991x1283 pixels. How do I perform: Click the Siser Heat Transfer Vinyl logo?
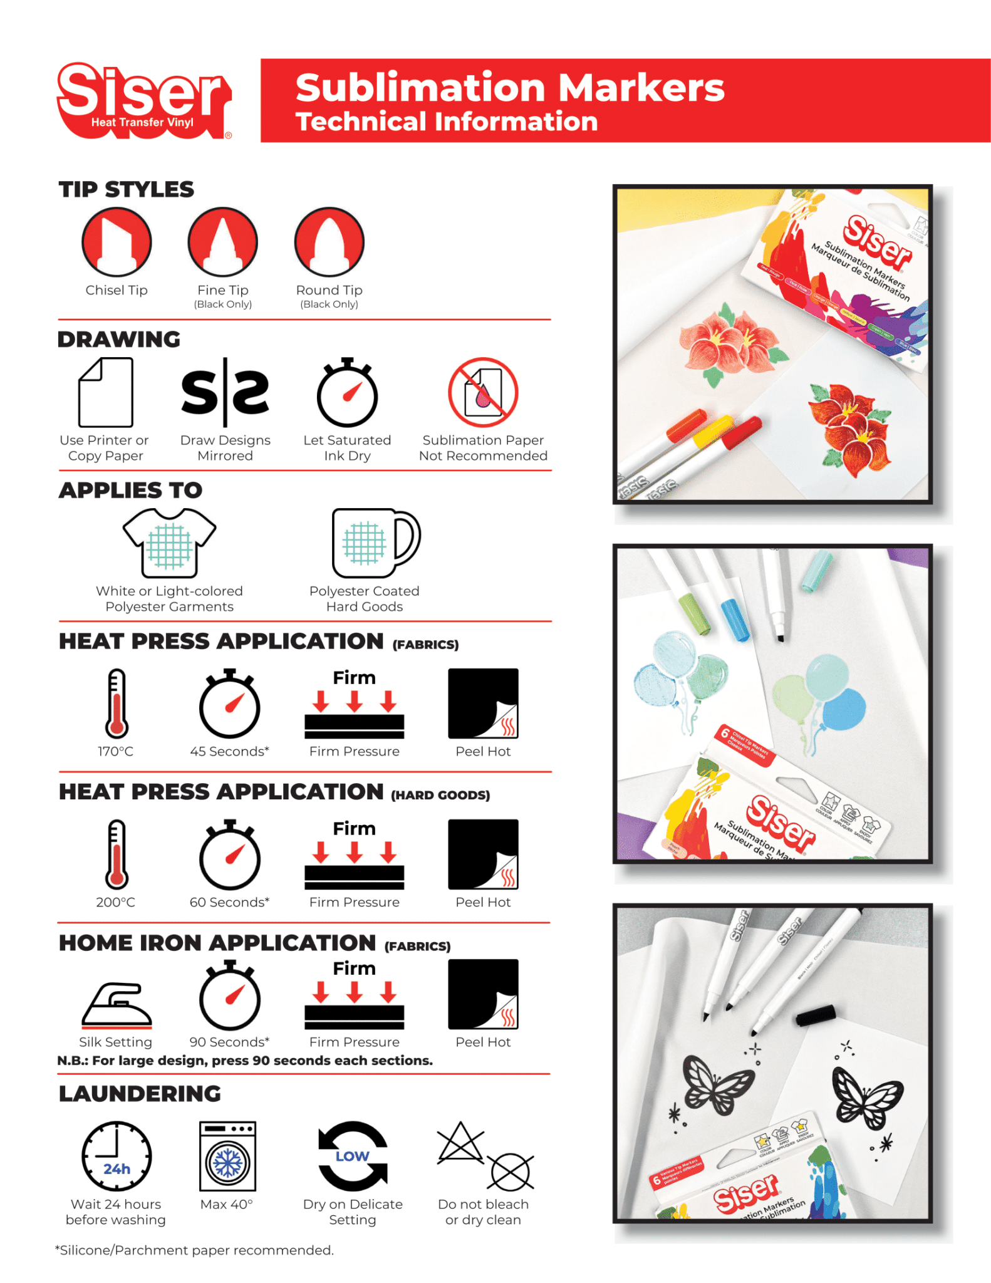click(144, 100)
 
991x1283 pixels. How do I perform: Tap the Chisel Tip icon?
click(117, 242)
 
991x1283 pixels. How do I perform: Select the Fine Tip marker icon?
click(222, 242)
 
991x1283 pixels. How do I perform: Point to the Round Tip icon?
click(329, 242)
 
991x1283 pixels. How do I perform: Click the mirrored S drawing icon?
click(225, 393)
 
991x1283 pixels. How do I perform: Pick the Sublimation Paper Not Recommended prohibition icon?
click(482, 393)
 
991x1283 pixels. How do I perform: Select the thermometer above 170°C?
click(117, 703)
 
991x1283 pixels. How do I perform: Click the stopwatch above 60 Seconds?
click(229, 855)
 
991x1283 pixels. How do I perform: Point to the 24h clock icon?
click(117, 1156)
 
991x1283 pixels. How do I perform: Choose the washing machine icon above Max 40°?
click(227, 1156)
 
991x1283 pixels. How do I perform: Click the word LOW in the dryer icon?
click(353, 1156)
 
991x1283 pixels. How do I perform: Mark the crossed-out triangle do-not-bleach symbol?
click(460, 1143)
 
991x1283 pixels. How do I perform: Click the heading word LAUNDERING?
click(140, 1094)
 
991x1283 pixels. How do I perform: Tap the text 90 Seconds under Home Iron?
click(229, 1042)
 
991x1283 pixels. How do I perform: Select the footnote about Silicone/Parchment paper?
click(195, 1250)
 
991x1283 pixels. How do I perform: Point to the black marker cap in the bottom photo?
click(816, 1015)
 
